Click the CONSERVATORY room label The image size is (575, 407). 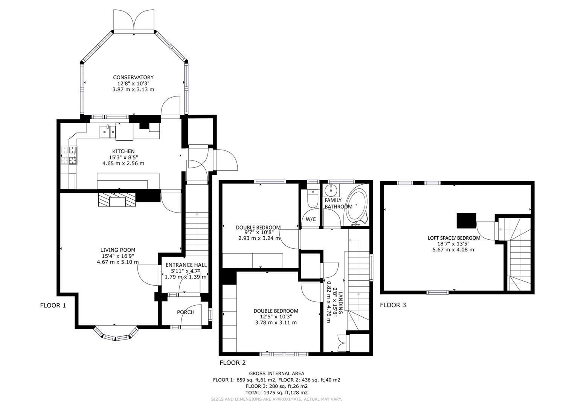tap(133, 77)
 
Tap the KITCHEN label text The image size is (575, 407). tap(123, 151)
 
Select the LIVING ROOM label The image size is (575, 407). tap(117, 250)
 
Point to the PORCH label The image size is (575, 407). tap(186, 312)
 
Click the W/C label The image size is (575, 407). tap(311, 219)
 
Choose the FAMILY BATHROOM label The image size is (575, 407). tap(338, 203)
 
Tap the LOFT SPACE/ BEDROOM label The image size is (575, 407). tap(454, 238)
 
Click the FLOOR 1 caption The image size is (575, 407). tap(53, 305)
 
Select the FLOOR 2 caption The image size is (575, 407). tap(232, 363)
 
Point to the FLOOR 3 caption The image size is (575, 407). tap(393, 305)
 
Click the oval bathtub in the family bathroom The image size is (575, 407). tap(357, 207)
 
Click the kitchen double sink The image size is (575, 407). tap(107, 131)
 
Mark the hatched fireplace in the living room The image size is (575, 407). tap(117, 199)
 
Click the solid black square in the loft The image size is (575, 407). tap(466, 221)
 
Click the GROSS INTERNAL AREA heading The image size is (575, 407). tap(276, 373)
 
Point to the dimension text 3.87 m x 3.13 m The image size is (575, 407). tap(133, 90)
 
